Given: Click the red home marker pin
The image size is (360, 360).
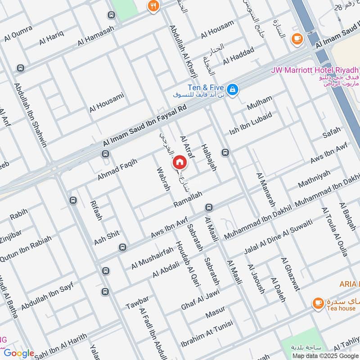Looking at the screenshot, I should pyautogui.click(x=179, y=162).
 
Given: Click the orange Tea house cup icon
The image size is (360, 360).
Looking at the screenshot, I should pyautogui.click(x=318, y=303).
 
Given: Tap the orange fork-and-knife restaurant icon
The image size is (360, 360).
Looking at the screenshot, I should pyautogui.click(x=154, y=6).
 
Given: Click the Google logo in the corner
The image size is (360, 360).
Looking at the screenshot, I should pyautogui.click(x=19, y=353).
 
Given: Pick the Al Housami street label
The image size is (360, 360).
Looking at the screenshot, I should pyautogui.click(x=106, y=103).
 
